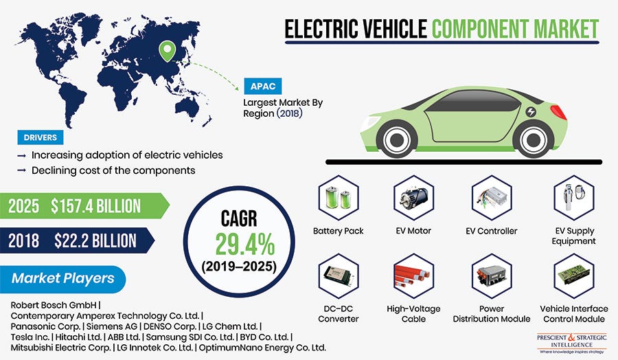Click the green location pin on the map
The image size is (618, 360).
click(x=168, y=50)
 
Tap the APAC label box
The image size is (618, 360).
click(x=260, y=87)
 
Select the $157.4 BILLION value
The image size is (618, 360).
click(x=95, y=205)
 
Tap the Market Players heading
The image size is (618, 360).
click(x=62, y=278)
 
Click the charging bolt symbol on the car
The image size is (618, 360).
click(x=531, y=111)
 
